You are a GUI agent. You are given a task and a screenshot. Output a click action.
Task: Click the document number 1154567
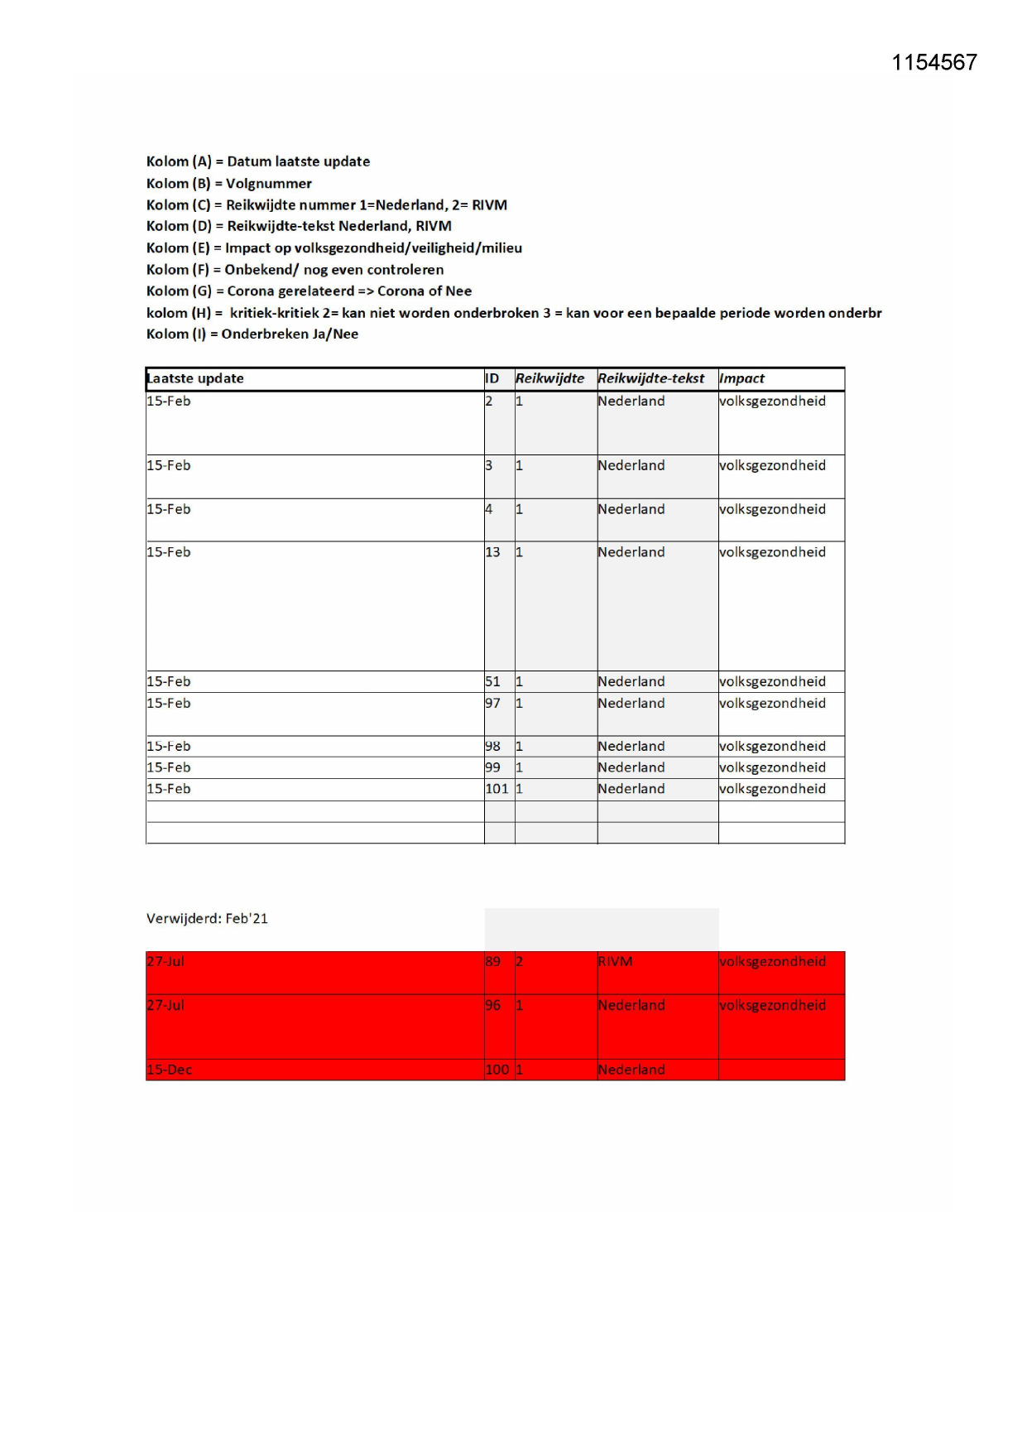pos(933,63)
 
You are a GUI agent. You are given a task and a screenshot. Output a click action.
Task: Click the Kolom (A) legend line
pos(257,161)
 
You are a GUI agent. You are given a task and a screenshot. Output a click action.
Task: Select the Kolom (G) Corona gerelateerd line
pos(309,291)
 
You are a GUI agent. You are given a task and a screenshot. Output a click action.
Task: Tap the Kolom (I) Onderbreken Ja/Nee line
pos(252,334)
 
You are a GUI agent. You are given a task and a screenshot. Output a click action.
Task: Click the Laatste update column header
pos(195,378)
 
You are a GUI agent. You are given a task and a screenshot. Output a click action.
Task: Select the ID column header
pos(492,378)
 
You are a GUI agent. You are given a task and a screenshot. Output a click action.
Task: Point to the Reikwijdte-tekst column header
pos(650,378)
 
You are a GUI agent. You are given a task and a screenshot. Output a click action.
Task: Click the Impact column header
pos(741,378)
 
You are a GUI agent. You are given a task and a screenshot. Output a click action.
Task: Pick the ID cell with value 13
pos(492,552)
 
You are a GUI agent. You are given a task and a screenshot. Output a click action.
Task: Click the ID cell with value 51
pos(492,681)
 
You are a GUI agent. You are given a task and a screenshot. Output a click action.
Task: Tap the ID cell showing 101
pos(497,789)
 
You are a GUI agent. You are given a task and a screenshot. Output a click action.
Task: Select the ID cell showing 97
pos(492,703)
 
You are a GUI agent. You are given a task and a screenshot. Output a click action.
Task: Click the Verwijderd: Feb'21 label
pos(207,918)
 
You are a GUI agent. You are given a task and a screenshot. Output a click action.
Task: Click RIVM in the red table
pos(615,961)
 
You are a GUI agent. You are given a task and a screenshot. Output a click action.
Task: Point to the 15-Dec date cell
pos(169,1070)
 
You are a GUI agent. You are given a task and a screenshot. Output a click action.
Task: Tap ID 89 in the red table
pos(492,961)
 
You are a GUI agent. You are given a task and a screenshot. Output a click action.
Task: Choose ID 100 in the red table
pos(497,1070)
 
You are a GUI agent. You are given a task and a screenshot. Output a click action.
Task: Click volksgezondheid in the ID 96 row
pos(772,1005)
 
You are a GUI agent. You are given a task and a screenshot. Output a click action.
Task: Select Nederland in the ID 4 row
pos(631,509)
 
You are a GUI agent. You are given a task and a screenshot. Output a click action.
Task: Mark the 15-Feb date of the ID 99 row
pos(168,767)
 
